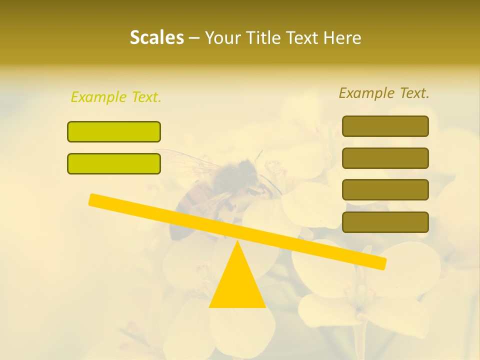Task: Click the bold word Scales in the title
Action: point(156,37)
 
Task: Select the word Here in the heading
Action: point(342,37)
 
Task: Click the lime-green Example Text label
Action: point(116,97)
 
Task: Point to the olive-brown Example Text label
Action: point(384,93)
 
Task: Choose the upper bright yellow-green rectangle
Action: point(114,131)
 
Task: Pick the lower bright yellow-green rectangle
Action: point(114,163)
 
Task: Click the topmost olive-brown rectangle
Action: point(385,126)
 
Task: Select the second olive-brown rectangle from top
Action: point(385,158)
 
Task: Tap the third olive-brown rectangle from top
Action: point(385,190)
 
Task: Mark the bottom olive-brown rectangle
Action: point(385,222)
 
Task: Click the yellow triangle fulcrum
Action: point(237,285)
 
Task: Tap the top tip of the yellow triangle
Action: point(237,242)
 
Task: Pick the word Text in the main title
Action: point(303,37)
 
